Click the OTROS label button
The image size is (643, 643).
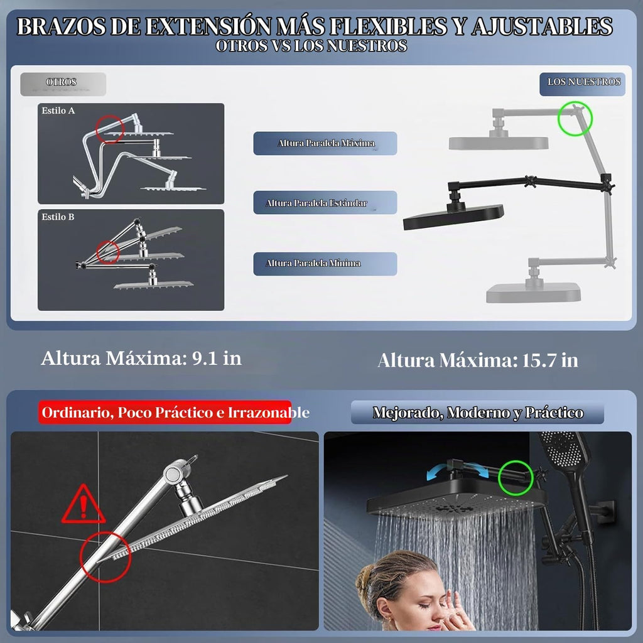(x=63, y=84)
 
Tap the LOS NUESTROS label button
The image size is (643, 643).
(x=582, y=84)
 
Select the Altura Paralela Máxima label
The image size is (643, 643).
(x=325, y=143)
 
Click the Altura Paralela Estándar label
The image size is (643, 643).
(x=325, y=203)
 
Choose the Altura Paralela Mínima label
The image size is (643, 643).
(x=325, y=264)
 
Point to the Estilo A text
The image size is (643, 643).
(x=58, y=111)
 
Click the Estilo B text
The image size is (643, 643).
(x=58, y=217)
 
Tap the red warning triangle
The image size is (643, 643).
(x=84, y=504)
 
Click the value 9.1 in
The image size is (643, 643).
(x=217, y=358)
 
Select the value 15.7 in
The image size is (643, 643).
(x=550, y=360)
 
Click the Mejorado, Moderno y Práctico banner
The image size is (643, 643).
(x=477, y=413)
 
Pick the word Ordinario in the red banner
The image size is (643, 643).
(x=77, y=413)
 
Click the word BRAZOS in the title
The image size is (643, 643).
(x=61, y=26)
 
